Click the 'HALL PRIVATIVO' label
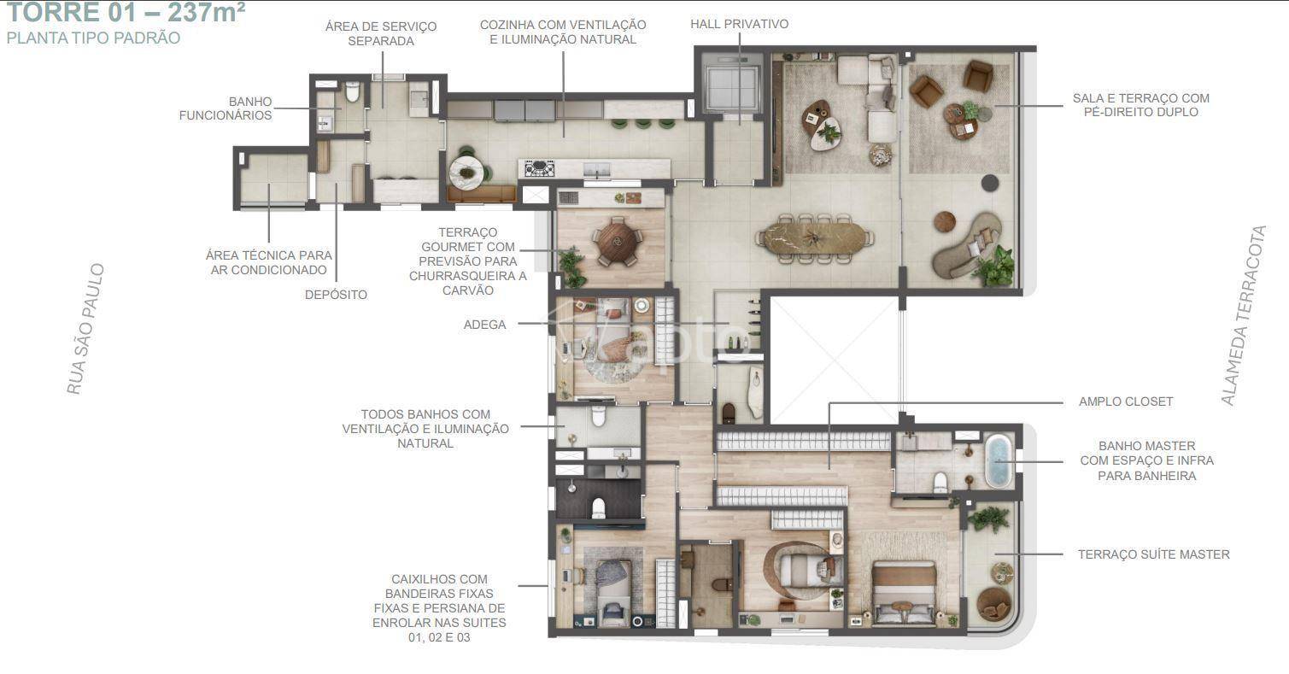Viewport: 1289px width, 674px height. click(740, 24)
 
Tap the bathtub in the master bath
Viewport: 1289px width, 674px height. click(999, 461)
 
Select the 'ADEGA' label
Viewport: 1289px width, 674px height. click(484, 325)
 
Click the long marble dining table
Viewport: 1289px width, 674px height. click(814, 238)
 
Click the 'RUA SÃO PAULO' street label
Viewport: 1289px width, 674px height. click(85, 329)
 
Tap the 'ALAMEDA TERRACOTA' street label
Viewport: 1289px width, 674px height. click(1244, 315)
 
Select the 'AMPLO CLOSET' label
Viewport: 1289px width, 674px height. click(1126, 401)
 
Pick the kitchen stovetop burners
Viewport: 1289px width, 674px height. click(539, 168)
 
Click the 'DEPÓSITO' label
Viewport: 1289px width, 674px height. click(336, 295)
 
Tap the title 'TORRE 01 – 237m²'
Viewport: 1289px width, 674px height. click(126, 12)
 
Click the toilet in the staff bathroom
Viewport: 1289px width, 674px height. click(352, 91)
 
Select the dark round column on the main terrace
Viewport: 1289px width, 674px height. click(990, 183)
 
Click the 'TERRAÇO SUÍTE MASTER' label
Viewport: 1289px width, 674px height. click(1154, 554)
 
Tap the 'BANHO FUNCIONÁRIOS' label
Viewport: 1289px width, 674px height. click(226, 108)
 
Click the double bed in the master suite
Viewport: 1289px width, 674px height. click(904, 593)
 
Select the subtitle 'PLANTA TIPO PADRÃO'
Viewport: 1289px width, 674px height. click(93, 38)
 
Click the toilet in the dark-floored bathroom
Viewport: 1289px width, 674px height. click(599, 507)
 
